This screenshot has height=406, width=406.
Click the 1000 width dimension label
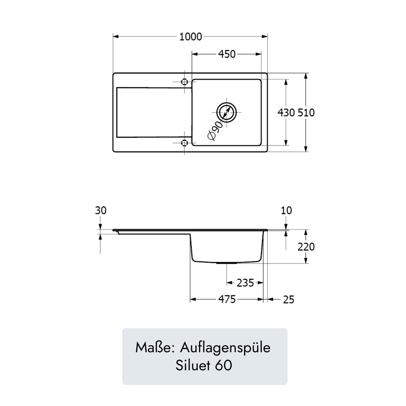click(x=191, y=37)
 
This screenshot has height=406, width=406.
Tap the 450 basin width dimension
click(x=227, y=55)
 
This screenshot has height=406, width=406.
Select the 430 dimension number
click(x=286, y=113)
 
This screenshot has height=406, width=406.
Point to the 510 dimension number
click(x=306, y=113)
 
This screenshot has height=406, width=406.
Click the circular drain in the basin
click(x=227, y=112)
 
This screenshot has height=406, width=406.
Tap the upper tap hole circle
click(x=184, y=82)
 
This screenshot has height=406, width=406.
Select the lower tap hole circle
click(x=184, y=143)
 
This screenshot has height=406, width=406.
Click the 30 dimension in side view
click(x=101, y=210)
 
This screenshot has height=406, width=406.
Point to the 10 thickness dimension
click(x=286, y=210)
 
